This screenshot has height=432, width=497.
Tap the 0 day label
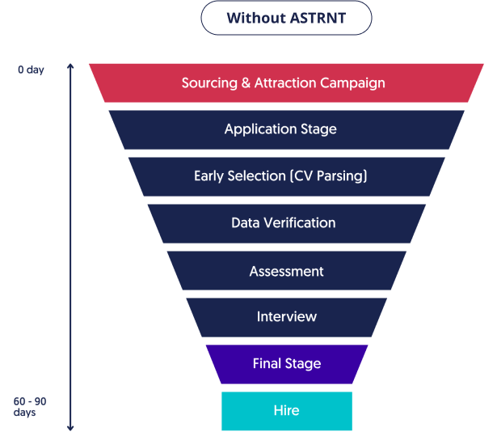(31, 70)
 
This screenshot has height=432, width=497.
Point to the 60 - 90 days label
(31, 406)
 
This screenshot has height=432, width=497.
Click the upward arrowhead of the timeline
(70, 67)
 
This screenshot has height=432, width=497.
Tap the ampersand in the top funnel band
(244, 83)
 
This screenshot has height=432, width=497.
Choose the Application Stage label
(280, 129)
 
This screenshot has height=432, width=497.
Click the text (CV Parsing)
(329, 176)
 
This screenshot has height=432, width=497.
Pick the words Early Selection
(238, 176)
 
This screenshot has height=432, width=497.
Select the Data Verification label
(283, 222)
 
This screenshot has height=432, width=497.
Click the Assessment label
(286, 271)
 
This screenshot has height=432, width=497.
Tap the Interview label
(286, 316)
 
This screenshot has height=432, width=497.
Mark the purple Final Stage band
(286, 363)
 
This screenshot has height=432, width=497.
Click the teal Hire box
(286, 410)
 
